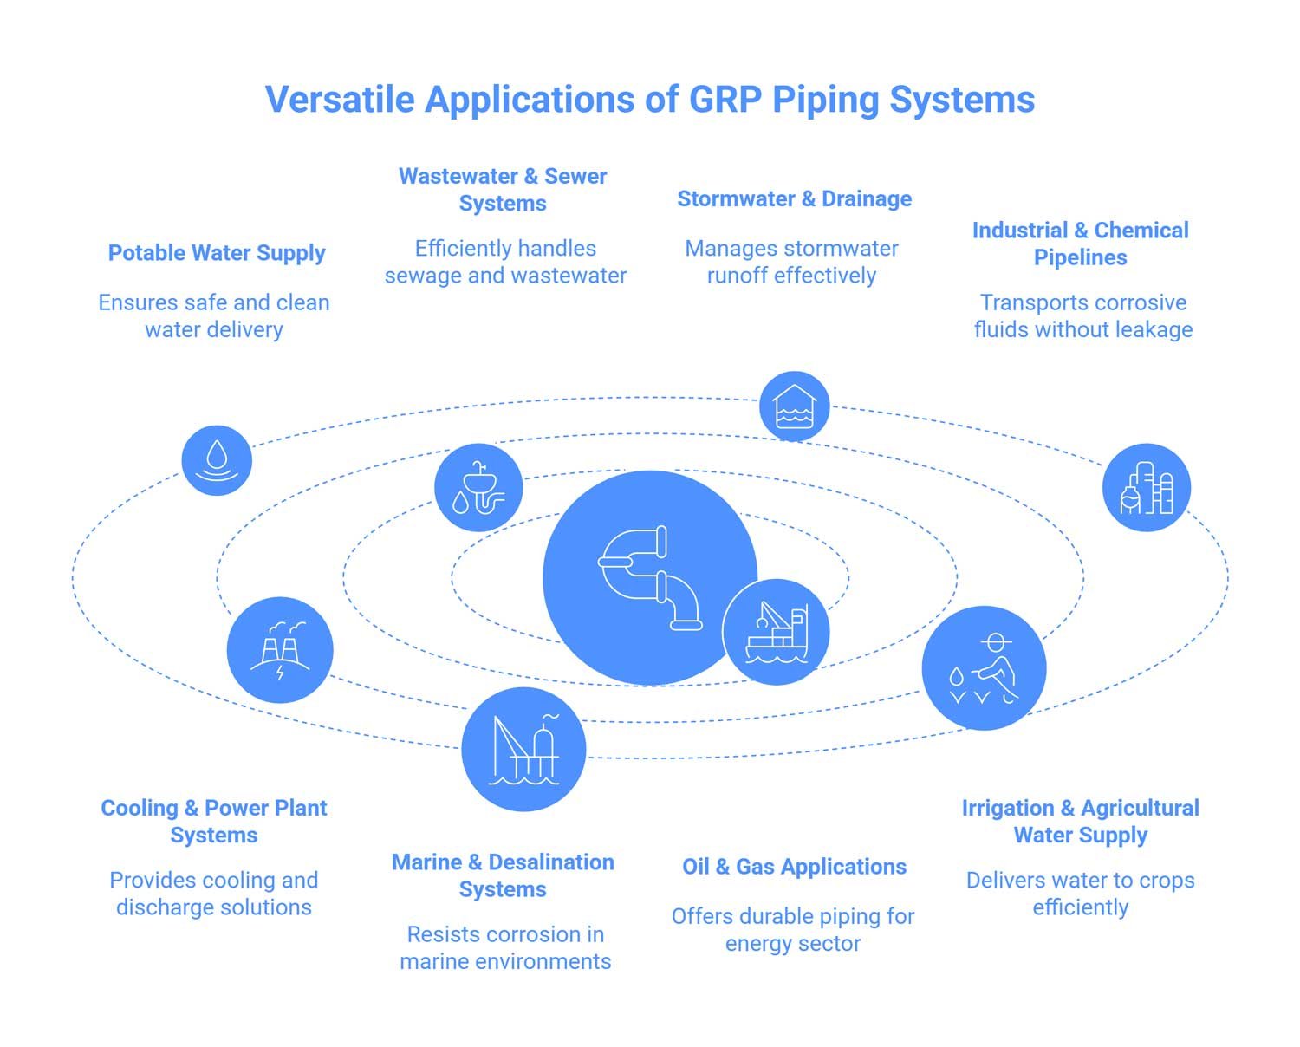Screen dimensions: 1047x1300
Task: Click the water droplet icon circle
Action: click(217, 460)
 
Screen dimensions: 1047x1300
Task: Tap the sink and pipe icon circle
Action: click(478, 488)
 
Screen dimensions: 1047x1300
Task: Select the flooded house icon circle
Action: click(794, 406)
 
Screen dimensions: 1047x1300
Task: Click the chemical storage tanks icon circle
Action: click(1146, 487)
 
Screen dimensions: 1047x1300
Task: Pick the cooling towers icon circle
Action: click(280, 650)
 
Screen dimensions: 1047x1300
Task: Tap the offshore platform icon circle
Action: click(523, 749)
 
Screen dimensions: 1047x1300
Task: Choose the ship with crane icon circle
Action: click(777, 633)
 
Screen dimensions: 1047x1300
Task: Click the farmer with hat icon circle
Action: click(984, 667)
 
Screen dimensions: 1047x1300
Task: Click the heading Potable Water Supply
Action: click(217, 253)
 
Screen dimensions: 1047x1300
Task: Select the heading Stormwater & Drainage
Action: click(794, 199)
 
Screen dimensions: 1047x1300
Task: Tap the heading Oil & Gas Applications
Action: click(794, 867)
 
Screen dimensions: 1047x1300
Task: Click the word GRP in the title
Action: click(725, 100)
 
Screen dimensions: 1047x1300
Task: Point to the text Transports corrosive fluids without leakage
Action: click(1082, 316)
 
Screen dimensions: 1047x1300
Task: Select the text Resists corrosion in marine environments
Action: click(505, 947)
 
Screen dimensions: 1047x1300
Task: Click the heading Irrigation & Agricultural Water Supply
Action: click(1080, 821)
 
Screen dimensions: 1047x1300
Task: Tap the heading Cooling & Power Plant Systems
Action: click(214, 821)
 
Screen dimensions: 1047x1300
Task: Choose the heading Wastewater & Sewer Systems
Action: click(503, 189)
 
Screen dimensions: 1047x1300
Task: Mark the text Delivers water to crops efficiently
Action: click(1080, 894)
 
